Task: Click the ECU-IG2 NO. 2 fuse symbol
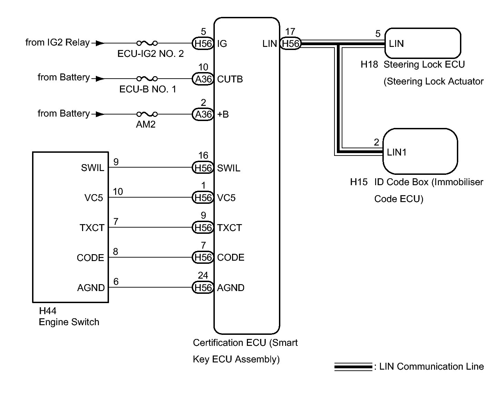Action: pyautogui.click(x=147, y=43)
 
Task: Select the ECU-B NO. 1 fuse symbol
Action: pyautogui.click(x=147, y=79)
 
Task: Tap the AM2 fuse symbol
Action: pyautogui.click(x=147, y=114)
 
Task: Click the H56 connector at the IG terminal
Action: pyautogui.click(x=203, y=43)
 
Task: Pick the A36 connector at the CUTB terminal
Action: pyautogui.click(x=203, y=79)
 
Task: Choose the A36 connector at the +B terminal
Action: pyautogui.click(x=203, y=114)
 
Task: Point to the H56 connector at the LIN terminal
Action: pyautogui.click(x=290, y=43)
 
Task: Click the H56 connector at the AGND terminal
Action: pyautogui.click(x=203, y=288)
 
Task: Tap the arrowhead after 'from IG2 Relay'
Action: pyautogui.click(x=99, y=43)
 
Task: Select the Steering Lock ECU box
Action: pyautogui.click(x=423, y=43)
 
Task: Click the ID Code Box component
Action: pyautogui.click(x=420, y=151)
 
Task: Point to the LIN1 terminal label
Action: pyautogui.click(x=397, y=152)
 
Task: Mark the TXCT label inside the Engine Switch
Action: pyautogui.click(x=92, y=228)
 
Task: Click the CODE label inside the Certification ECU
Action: pyautogui.click(x=231, y=258)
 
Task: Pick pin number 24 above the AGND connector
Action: pyautogui.click(x=203, y=275)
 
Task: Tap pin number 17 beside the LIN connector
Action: pyautogui.click(x=290, y=32)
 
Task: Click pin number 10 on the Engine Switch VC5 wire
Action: pyautogui.click(x=118, y=192)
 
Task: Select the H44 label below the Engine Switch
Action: pyautogui.click(x=48, y=311)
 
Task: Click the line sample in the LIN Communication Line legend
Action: pyautogui.click(x=353, y=367)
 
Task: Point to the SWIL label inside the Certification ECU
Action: pyautogui.click(x=229, y=168)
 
